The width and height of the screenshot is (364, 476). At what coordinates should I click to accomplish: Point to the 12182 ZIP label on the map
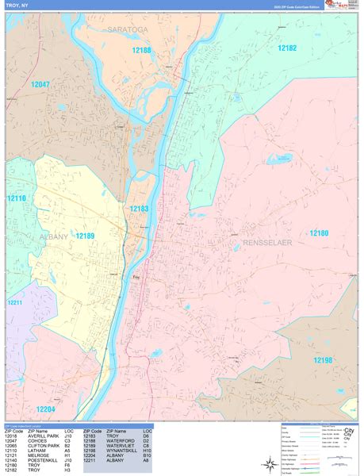(287, 48)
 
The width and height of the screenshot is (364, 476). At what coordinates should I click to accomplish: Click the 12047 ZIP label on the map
(40, 84)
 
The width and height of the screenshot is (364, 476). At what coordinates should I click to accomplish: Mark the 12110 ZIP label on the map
(16, 198)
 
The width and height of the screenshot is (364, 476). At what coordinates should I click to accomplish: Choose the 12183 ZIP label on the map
(140, 209)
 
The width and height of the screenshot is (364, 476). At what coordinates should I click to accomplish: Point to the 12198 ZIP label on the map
(323, 360)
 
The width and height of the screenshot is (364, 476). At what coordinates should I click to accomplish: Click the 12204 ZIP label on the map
(45, 409)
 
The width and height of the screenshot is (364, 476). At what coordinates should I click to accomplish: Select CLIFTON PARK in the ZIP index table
(44, 447)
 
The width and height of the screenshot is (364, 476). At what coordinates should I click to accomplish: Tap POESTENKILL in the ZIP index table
(44, 459)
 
